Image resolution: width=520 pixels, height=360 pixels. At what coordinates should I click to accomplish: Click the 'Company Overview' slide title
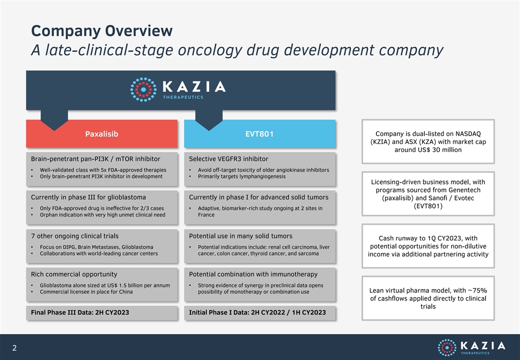[102, 31]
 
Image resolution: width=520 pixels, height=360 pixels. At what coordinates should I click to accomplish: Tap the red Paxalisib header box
[102, 133]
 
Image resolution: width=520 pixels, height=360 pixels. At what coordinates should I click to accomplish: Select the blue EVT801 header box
[259, 133]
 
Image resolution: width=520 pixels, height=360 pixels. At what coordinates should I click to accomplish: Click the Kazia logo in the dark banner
[178, 89]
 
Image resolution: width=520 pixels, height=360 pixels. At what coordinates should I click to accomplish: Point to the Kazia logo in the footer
[471, 347]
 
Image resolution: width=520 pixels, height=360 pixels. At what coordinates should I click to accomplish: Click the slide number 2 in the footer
[14, 347]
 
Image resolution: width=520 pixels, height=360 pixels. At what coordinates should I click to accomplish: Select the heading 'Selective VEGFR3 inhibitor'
[228, 159]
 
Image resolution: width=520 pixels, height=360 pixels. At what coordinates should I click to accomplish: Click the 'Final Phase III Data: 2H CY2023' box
[102, 312]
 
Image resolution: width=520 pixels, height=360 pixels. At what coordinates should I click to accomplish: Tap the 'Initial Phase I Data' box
[259, 312]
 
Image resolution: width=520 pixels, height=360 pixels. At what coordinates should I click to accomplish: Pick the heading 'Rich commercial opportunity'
[74, 274]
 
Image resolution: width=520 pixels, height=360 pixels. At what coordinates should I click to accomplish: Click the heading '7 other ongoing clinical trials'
[74, 236]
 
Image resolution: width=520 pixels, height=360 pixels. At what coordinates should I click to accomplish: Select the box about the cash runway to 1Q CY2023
[428, 246]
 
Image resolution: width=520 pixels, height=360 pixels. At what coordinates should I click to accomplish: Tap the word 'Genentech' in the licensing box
[464, 190]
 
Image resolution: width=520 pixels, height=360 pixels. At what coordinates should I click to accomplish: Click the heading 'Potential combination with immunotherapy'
[253, 274]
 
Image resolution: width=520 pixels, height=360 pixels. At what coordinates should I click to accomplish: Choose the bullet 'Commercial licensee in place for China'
[86, 291]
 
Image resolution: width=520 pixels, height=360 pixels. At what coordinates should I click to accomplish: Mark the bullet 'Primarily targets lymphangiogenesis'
[242, 176]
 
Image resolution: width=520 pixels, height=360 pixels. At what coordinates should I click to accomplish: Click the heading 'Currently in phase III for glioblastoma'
[88, 197]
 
